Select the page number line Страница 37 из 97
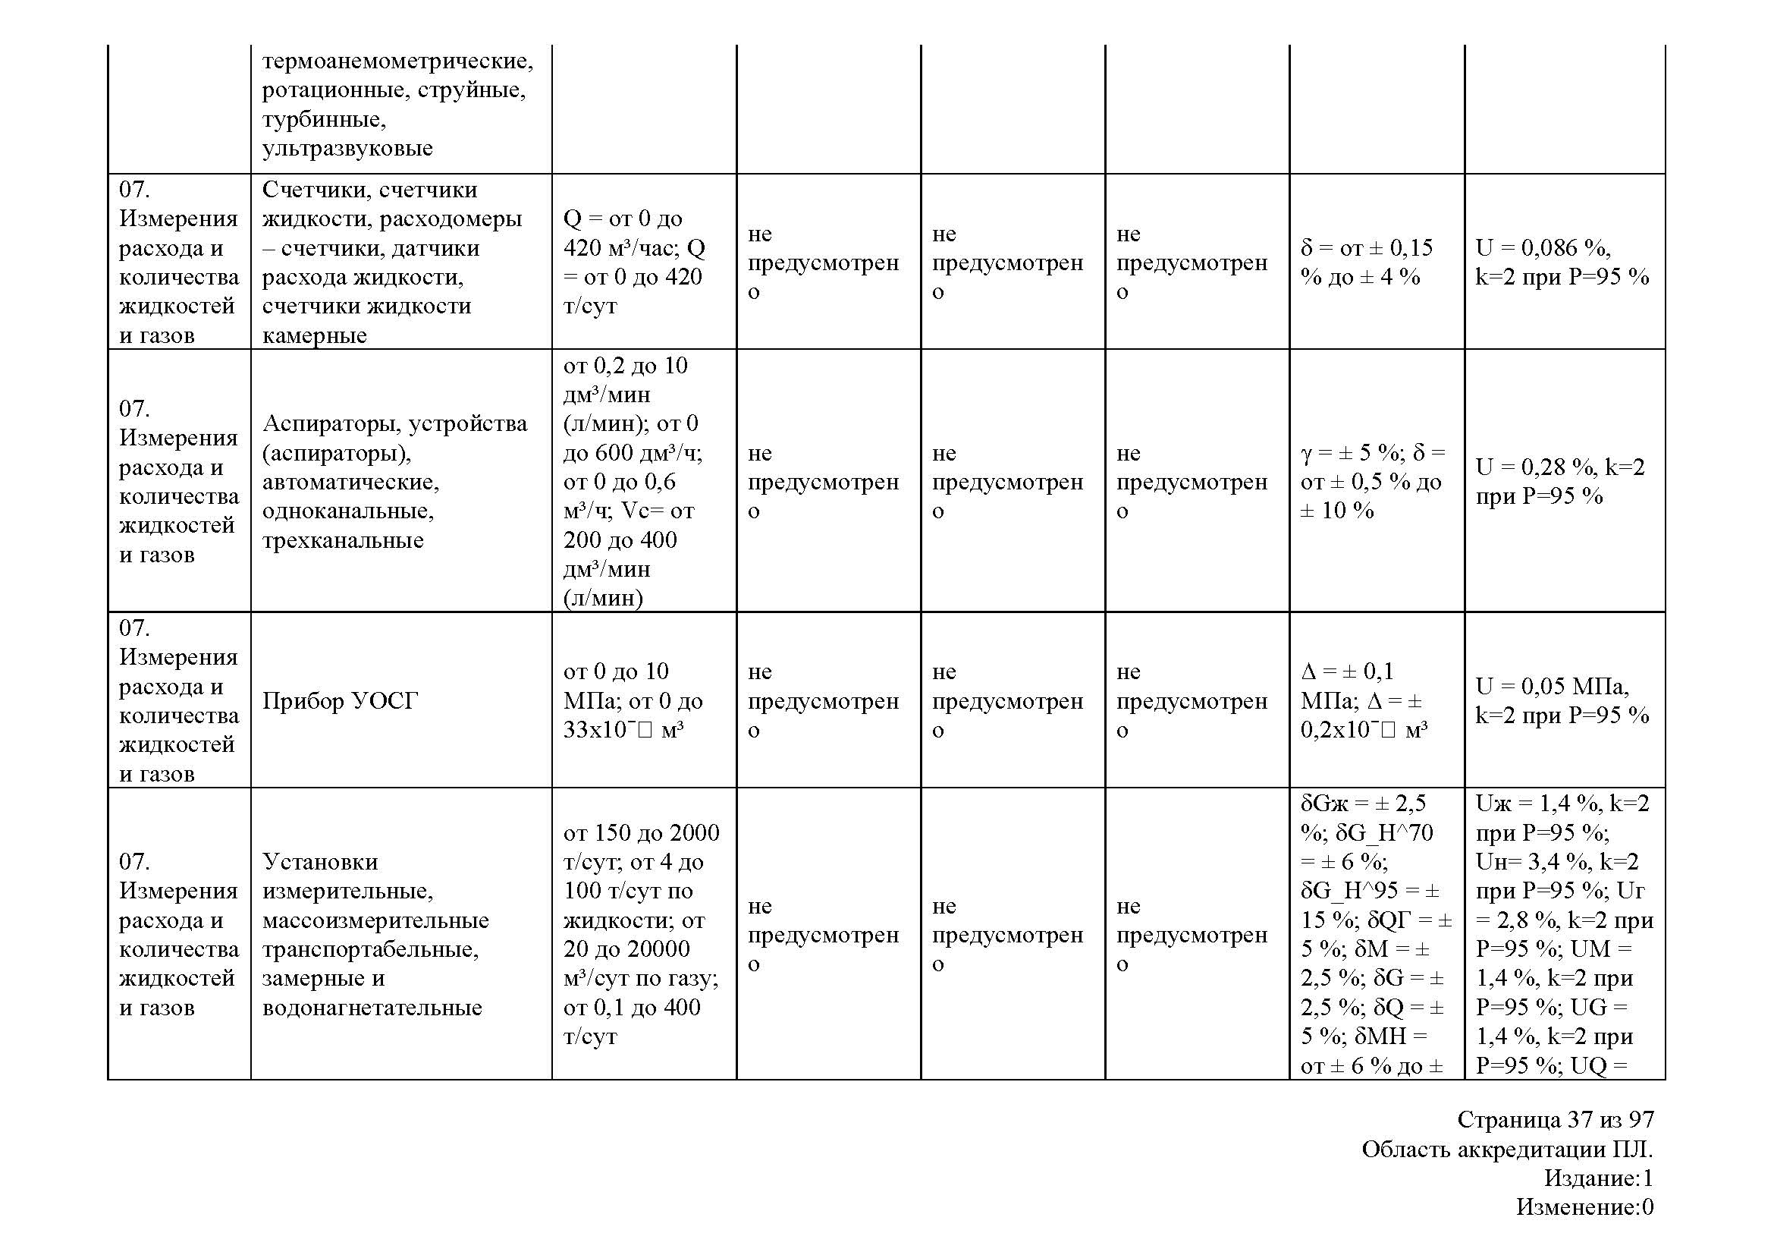1556,1120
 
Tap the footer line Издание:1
1598,1178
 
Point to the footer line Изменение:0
1584,1207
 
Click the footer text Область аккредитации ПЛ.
1507,1149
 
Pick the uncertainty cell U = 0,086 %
1562,262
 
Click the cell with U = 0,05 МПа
1562,700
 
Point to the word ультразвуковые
347,149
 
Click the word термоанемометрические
397,60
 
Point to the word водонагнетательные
372,1008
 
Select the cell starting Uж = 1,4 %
1563,934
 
